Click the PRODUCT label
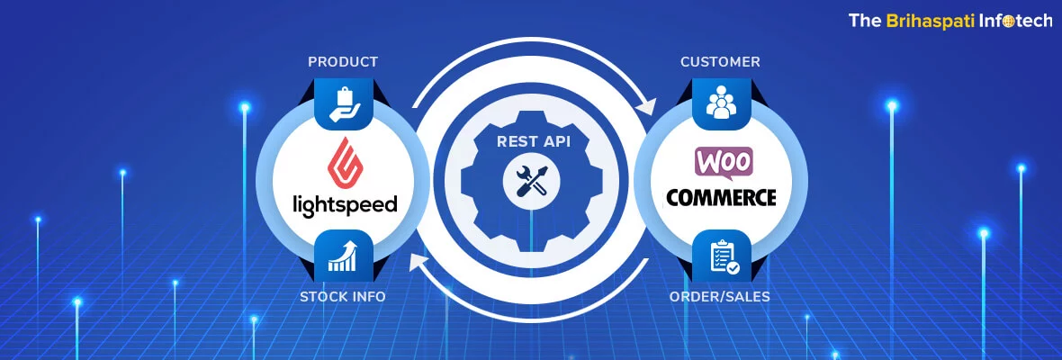point(342,62)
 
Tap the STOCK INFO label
point(343,296)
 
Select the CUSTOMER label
point(720,62)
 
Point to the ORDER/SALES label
point(720,296)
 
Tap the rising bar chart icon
point(343,255)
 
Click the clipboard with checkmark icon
point(721,255)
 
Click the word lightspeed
point(345,204)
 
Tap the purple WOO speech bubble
point(723,163)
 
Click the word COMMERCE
point(721,197)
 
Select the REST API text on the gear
point(532,141)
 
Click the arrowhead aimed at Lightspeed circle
point(417,262)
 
